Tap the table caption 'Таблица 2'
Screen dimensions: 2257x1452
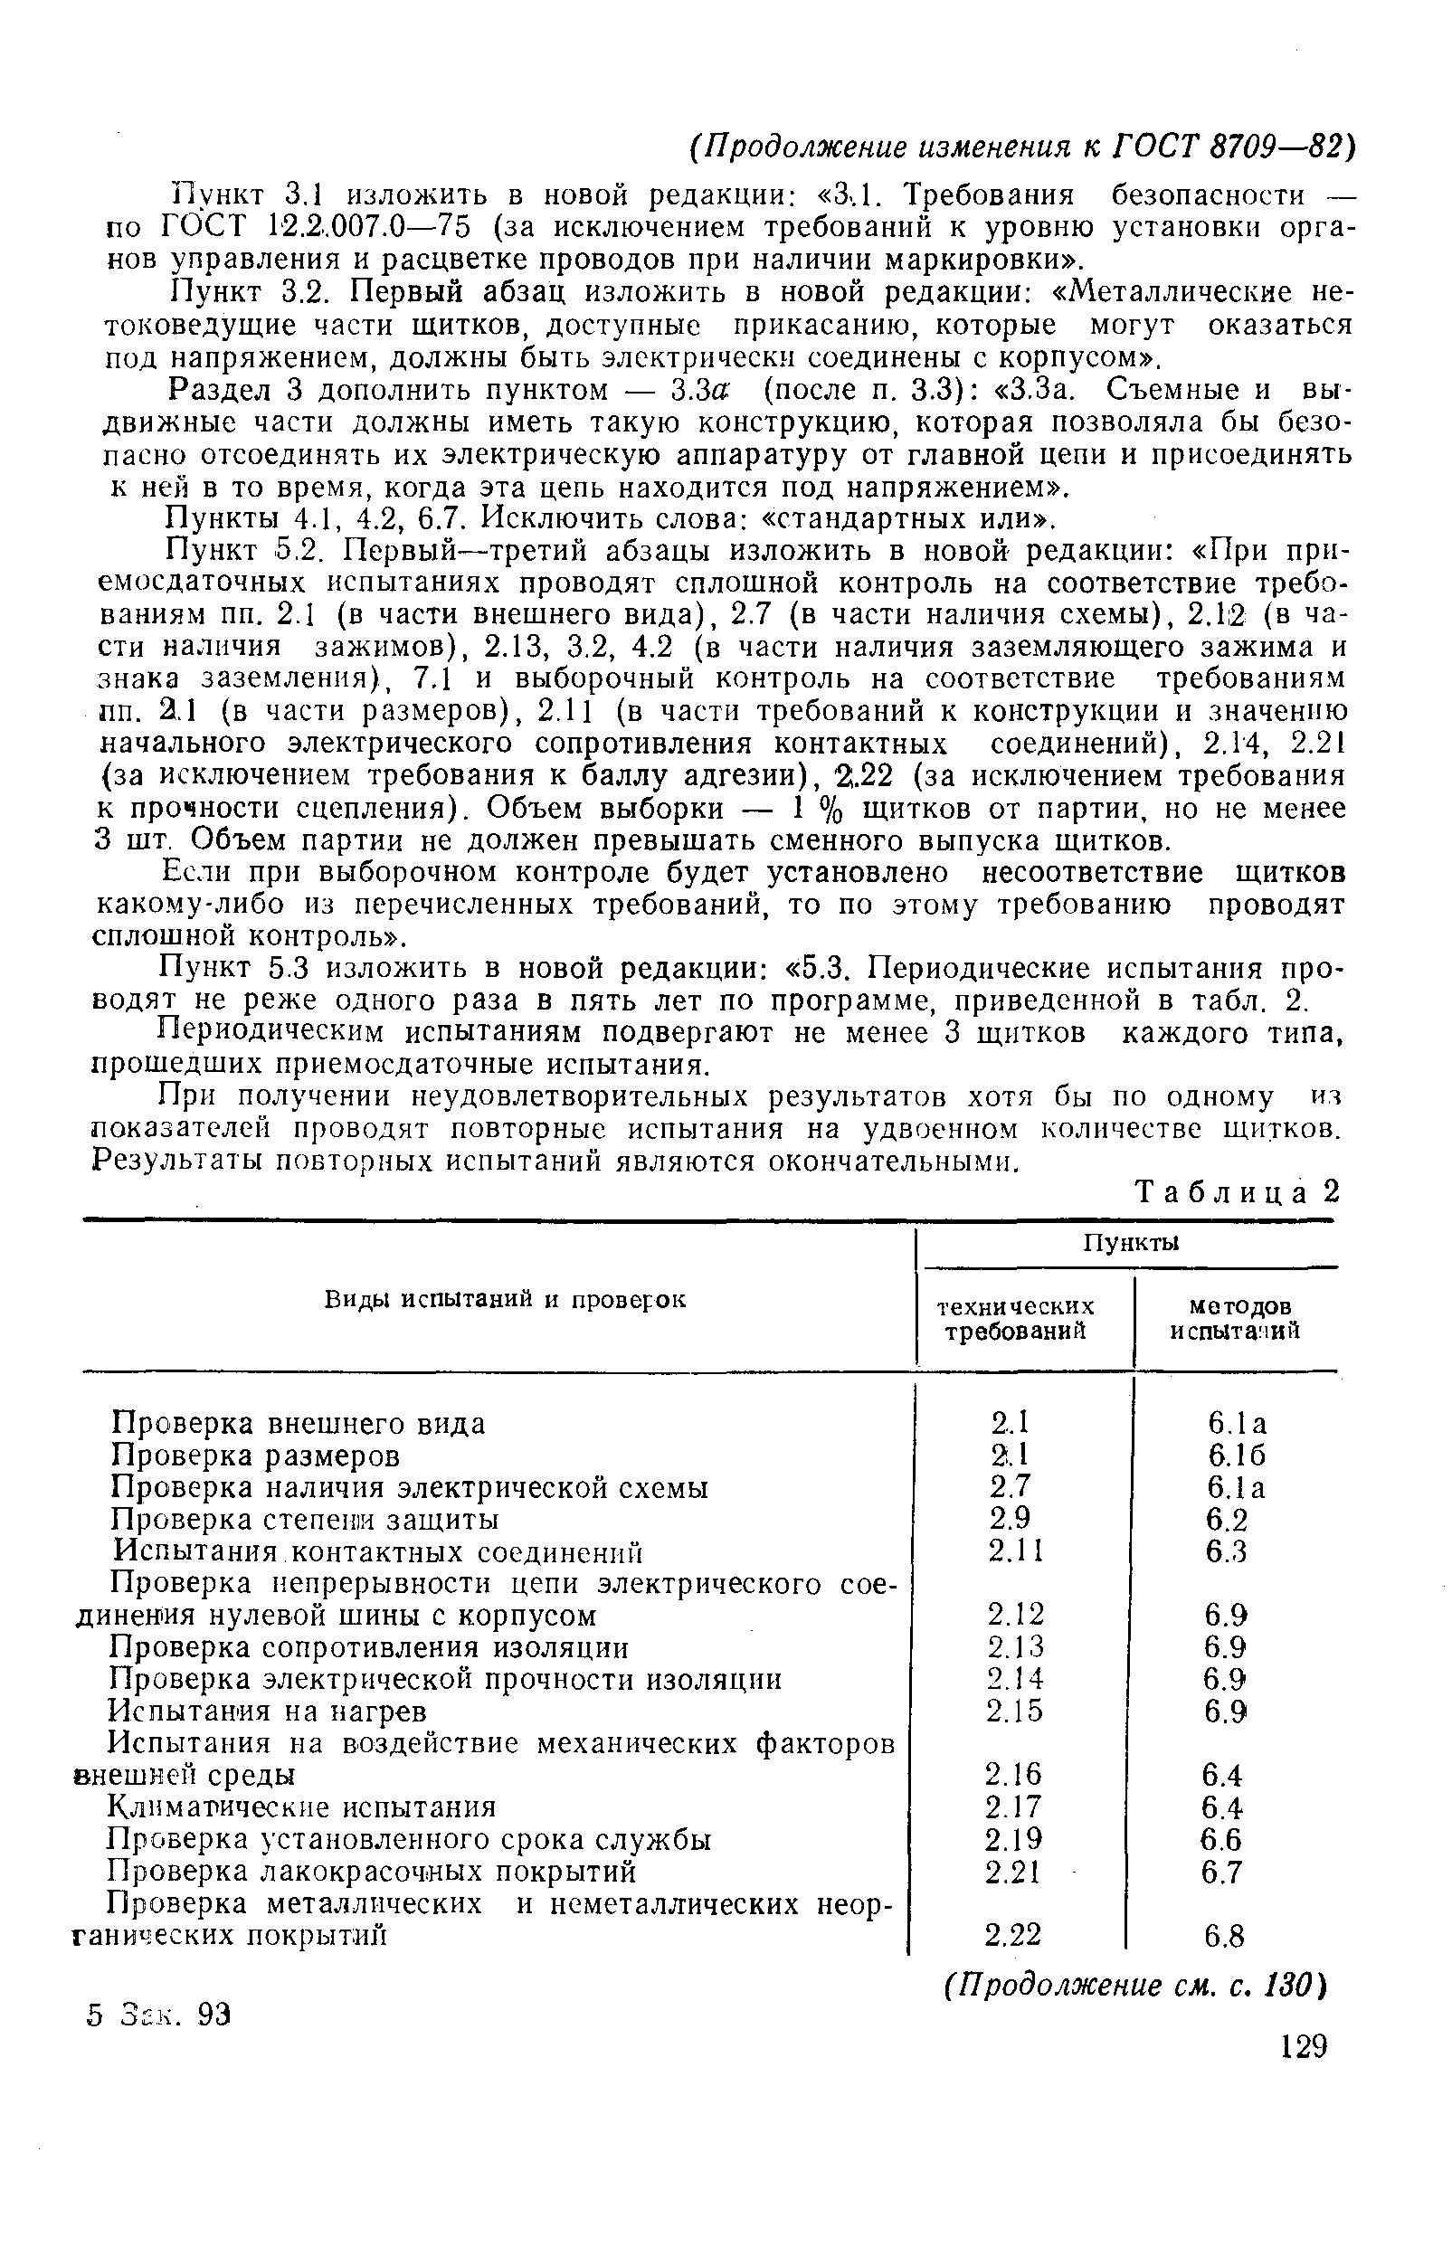(1237, 1192)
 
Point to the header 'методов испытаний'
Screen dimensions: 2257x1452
(1236, 1317)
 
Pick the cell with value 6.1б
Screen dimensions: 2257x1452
(1236, 1456)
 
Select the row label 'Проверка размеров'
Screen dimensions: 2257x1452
(255, 1456)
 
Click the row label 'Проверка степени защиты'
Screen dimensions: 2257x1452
(306, 1520)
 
